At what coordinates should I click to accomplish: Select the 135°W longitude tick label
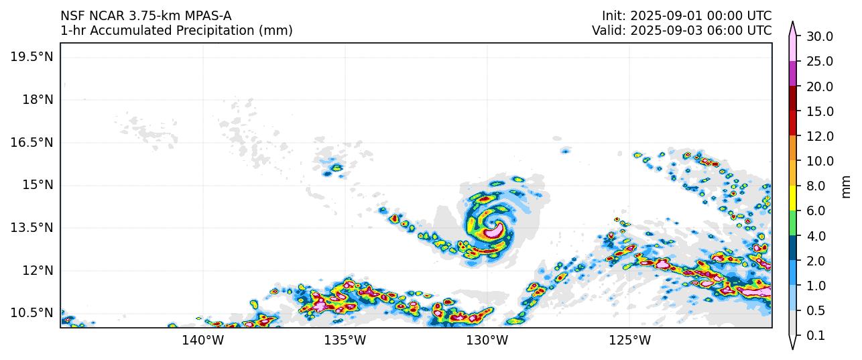click(345, 340)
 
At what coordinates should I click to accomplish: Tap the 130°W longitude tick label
click(487, 340)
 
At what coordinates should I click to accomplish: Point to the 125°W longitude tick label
click(630, 340)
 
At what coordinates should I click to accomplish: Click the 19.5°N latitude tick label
click(32, 56)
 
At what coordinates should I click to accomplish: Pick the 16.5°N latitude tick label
click(32, 142)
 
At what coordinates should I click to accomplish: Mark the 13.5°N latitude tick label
click(32, 227)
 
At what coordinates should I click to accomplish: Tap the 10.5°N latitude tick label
click(32, 312)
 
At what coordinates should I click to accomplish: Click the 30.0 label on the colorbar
click(819, 36)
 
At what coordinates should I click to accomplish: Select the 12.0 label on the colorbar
click(819, 136)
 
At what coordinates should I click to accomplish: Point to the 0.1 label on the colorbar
click(816, 336)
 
